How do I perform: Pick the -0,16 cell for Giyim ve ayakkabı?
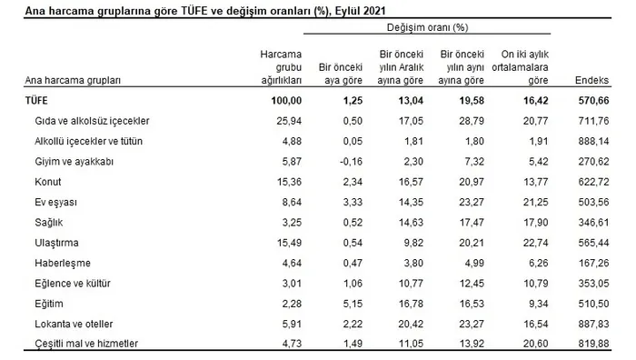(348, 161)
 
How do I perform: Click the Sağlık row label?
(49, 222)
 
